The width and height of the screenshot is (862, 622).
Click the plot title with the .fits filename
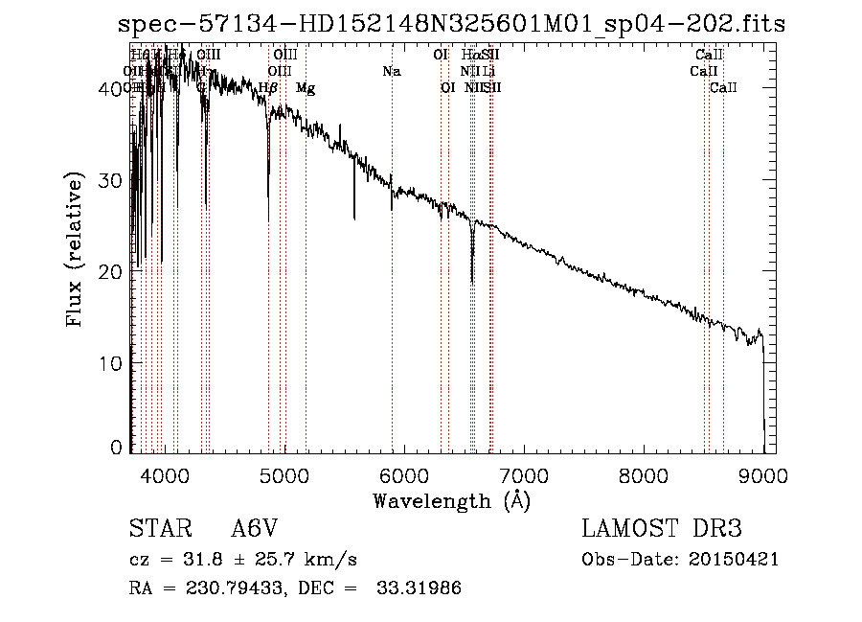point(451,24)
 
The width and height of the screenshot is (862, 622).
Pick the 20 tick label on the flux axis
point(113,272)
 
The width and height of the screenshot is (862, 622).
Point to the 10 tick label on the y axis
point(113,363)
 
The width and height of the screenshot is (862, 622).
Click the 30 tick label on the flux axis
point(113,180)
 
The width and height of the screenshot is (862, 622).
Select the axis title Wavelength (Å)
point(451,500)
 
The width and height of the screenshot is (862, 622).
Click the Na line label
point(391,71)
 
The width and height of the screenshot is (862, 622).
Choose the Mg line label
point(305,88)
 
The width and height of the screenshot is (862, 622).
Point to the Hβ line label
point(268,88)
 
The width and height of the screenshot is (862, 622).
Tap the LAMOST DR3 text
point(662,529)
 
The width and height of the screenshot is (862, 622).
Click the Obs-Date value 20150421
point(737,560)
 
